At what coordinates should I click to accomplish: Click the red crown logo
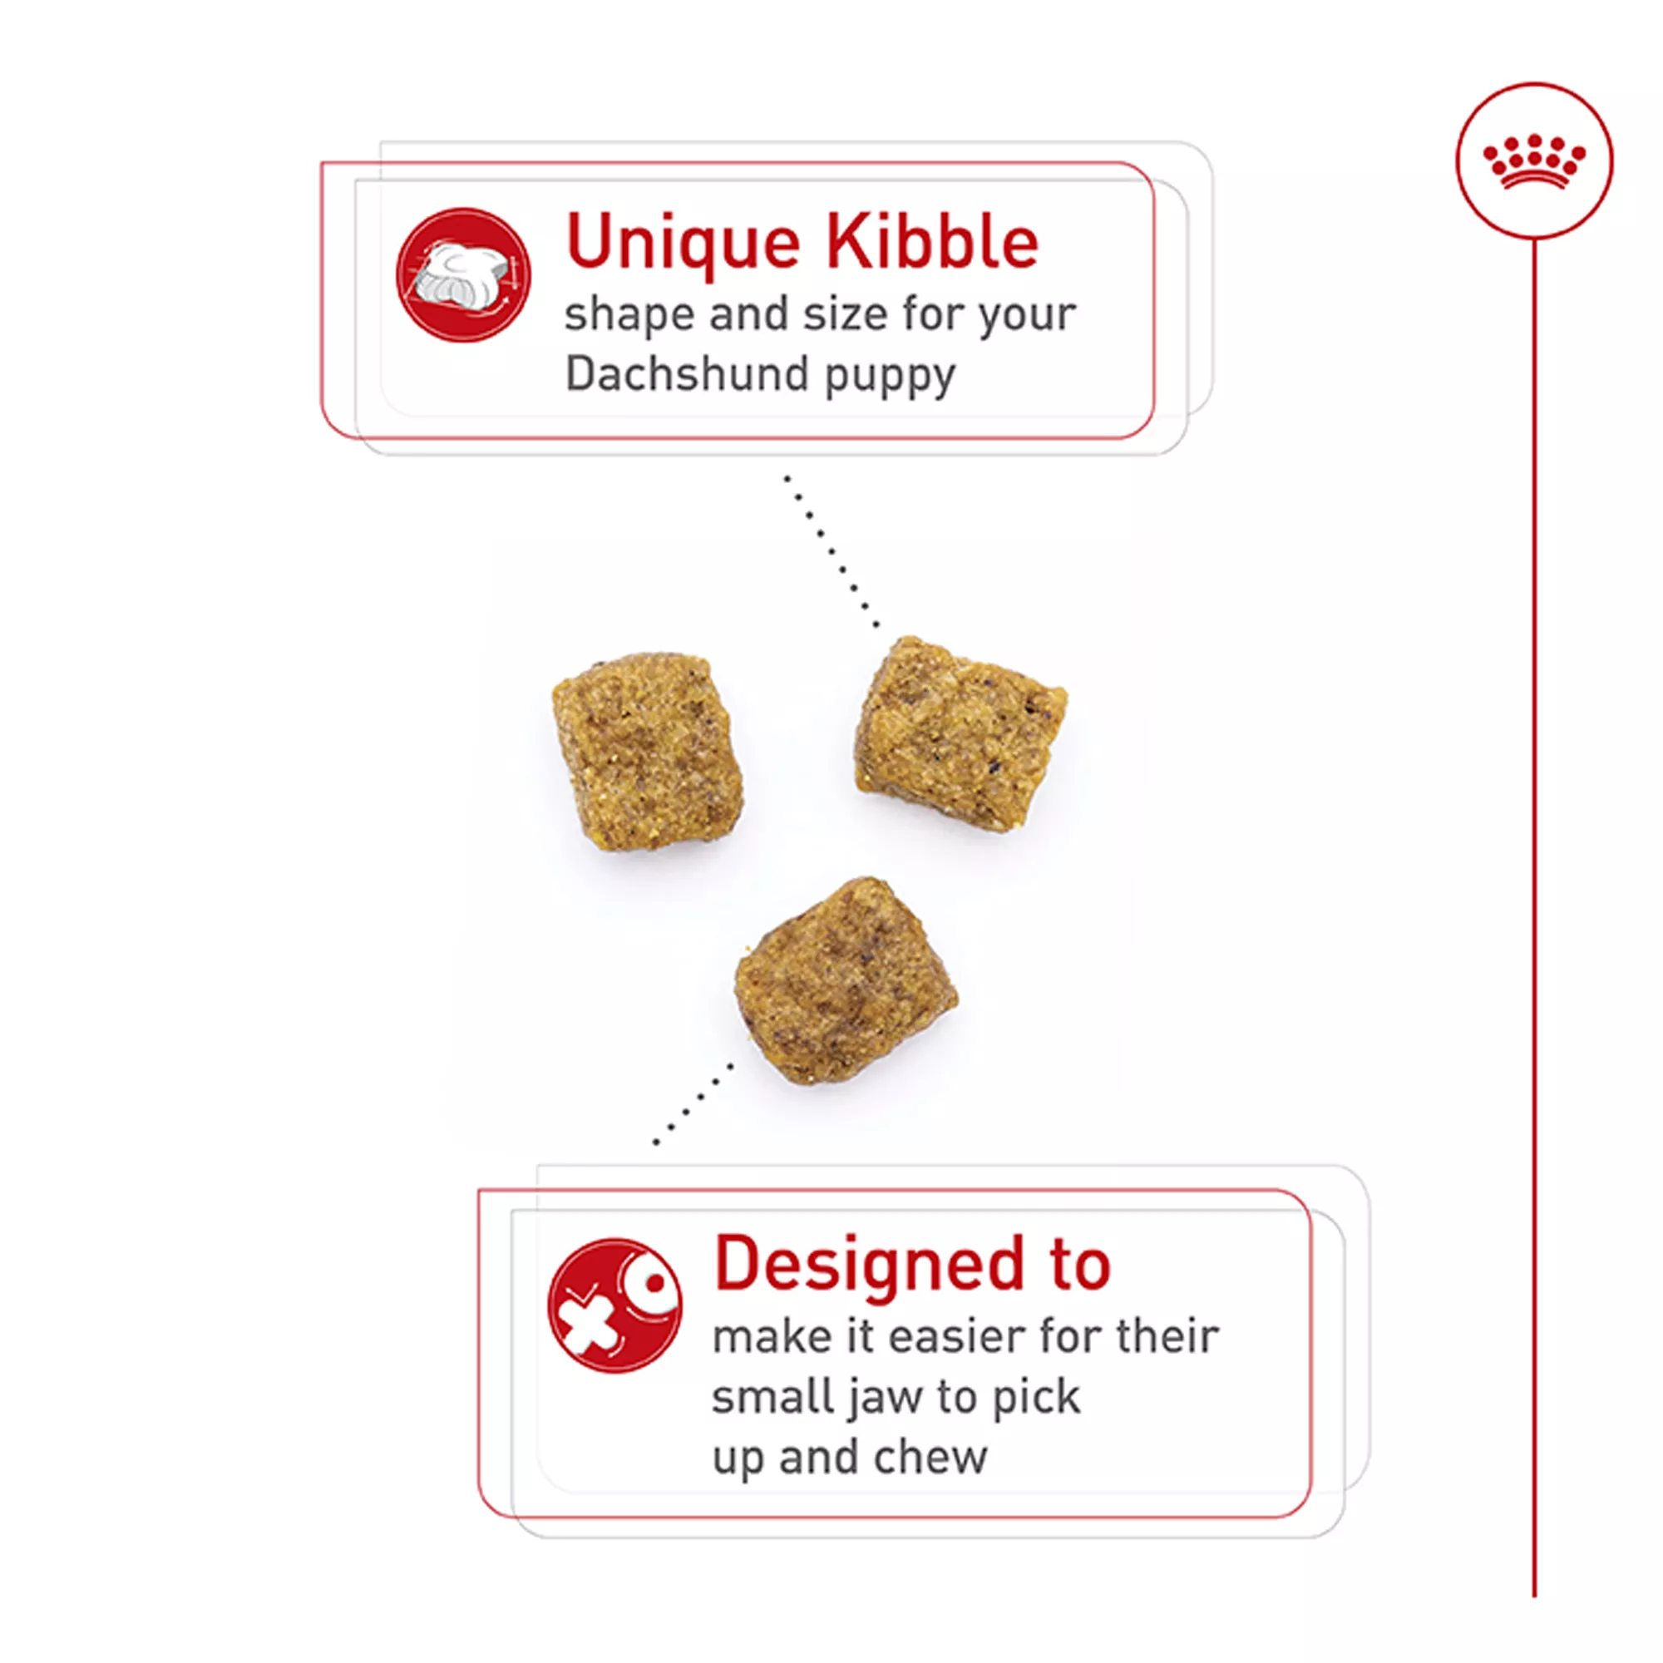[1534, 162]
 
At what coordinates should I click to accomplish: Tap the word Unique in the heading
[683, 244]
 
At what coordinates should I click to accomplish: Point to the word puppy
[890, 378]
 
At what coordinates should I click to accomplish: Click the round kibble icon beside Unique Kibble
[463, 274]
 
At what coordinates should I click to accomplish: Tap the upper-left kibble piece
[649, 751]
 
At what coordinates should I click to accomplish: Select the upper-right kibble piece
[960, 734]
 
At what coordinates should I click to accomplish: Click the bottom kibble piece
[846, 981]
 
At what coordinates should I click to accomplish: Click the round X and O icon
[614, 1305]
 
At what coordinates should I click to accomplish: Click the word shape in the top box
[629, 317]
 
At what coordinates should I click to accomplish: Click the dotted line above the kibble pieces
[831, 551]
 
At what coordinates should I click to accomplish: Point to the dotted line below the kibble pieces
[693, 1104]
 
